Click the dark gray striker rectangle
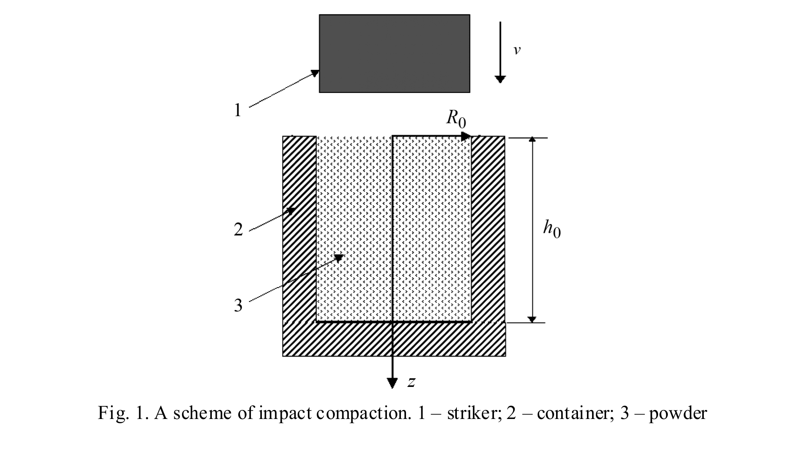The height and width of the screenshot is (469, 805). point(394,54)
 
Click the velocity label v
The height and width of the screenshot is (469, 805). point(517,50)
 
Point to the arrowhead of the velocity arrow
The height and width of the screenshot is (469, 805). point(500,79)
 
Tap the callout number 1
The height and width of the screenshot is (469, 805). point(238,110)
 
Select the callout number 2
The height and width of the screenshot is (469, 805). point(238,229)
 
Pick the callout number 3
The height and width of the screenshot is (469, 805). point(238,305)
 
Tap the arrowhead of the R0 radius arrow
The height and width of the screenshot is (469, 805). point(466,136)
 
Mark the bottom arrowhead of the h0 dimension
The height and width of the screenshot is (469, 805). point(532,319)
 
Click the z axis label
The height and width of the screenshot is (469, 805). point(411,382)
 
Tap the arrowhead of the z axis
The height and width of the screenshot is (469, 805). point(392,383)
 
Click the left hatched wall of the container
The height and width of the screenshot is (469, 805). point(299,229)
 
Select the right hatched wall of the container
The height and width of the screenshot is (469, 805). point(488,229)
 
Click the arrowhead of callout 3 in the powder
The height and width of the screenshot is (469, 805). point(338,258)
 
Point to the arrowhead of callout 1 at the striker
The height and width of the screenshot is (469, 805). point(315,73)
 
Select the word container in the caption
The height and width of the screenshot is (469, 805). point(572,413)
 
